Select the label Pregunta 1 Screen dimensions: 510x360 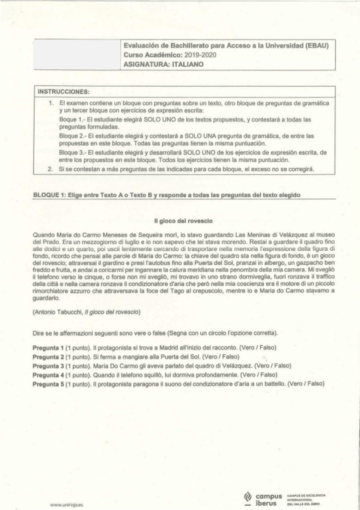(48, 348)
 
